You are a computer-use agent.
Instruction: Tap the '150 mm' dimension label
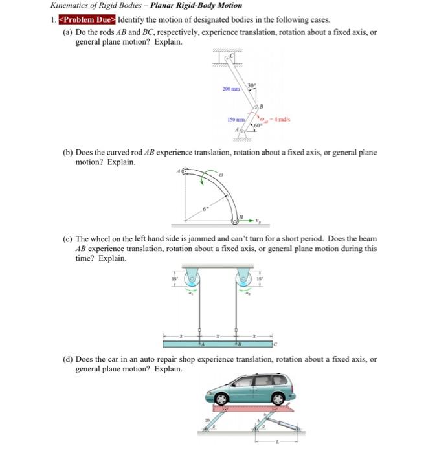coord(236,120)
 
